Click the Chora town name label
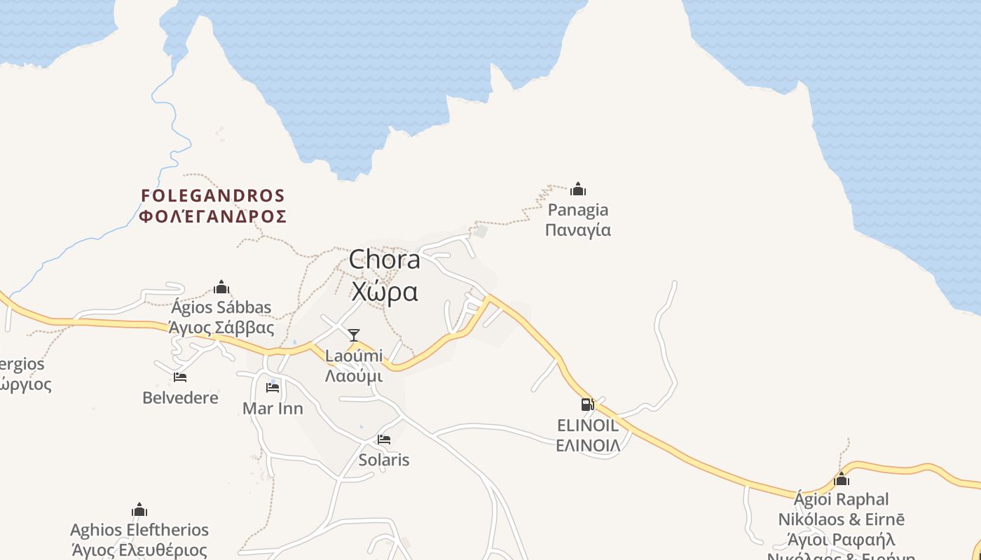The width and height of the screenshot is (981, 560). (x=385, y=260)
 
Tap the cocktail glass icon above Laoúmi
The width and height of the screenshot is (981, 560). (x=354, y=335)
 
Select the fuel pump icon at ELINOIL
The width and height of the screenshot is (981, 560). (x=587, y=404)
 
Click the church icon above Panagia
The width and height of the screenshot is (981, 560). (x=578, y=189)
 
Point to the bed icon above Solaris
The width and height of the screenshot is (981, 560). (x=384, y=440)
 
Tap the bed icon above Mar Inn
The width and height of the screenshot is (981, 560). (x=273, y=387)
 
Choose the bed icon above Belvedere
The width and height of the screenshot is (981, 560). (x=180, y=377)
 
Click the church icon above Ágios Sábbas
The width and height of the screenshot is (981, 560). (x=221, y=287)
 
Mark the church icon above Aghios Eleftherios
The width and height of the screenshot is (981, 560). (x=139, y=510)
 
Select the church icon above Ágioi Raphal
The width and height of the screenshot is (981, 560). (x=842, y=479)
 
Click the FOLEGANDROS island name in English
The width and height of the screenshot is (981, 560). (x=213, y=195)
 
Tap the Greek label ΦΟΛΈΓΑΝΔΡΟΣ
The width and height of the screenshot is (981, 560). (x=213, y=216)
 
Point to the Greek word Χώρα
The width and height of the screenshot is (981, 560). (x=385, y=291)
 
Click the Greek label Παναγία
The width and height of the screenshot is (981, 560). (x=578, y=230)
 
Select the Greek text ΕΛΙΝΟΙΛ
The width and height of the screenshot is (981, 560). (x=588, y=445)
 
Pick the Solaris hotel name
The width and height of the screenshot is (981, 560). (x=384, y=460)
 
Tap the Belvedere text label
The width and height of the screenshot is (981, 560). (x=180, y=398)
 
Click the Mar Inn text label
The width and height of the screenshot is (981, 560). (x=273, y=408)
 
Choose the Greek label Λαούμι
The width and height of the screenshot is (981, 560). (x=354, y=376)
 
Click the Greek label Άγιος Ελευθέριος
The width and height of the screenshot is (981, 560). (x=139, y=550)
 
